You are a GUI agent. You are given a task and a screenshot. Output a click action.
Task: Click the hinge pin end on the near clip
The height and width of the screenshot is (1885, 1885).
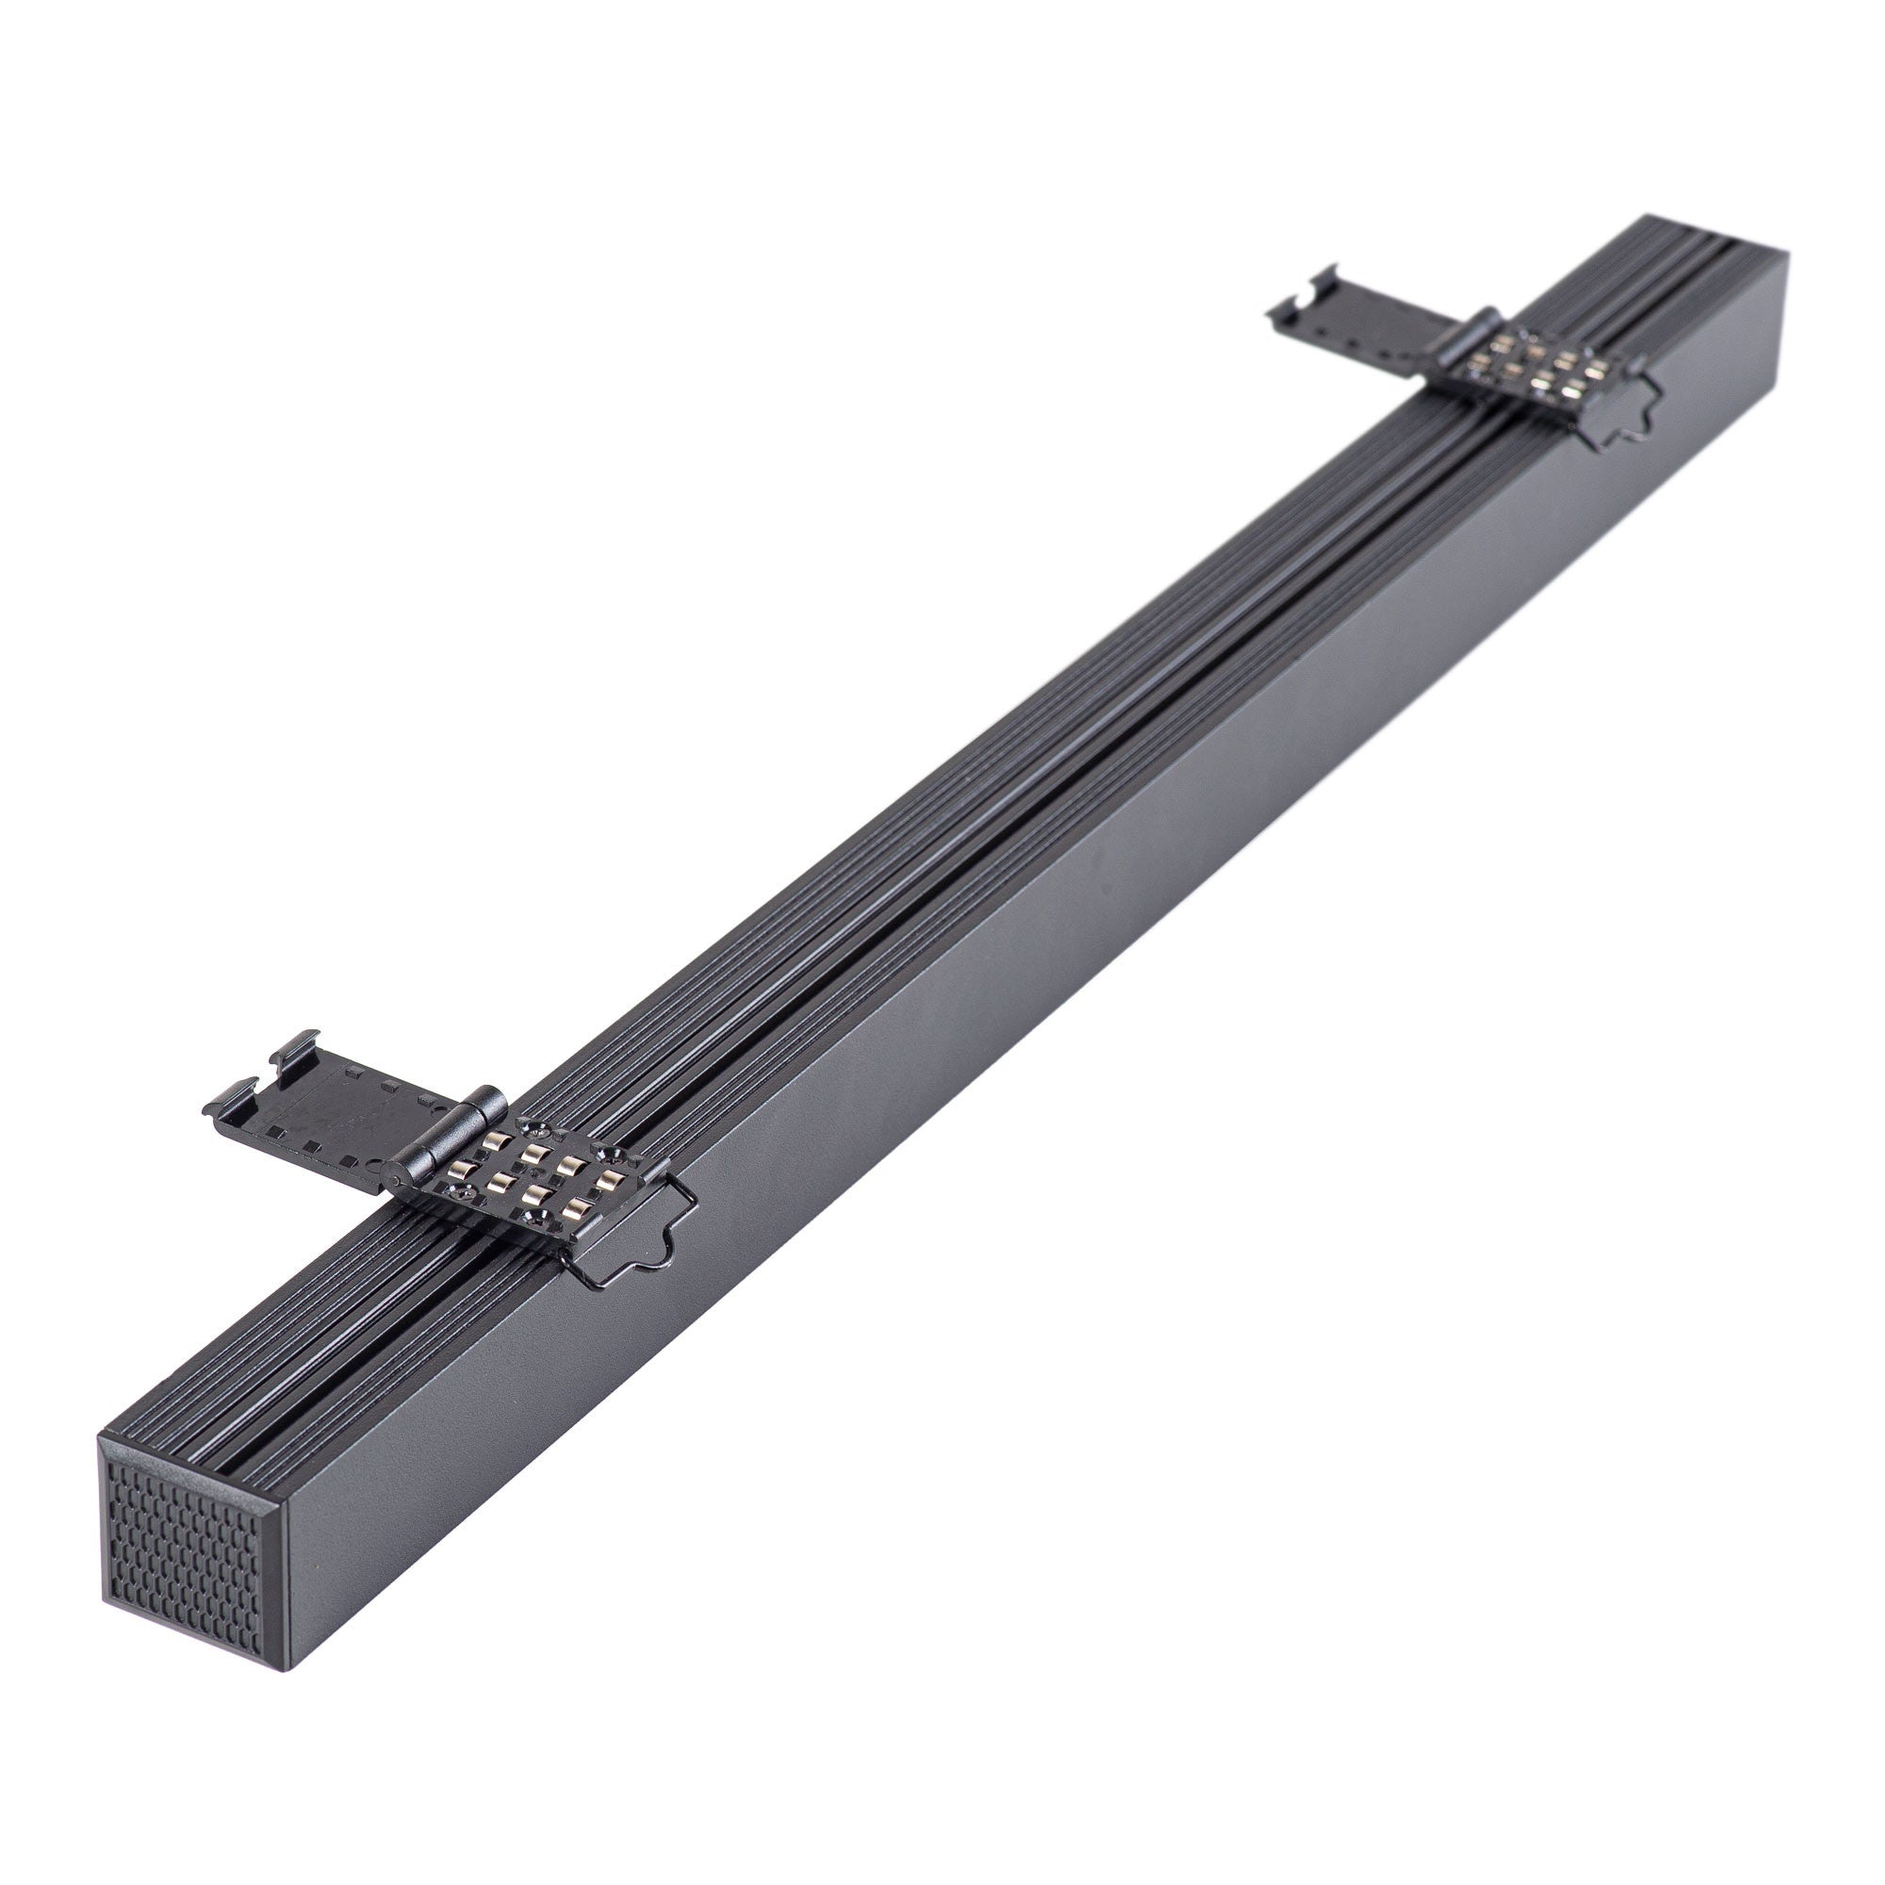(x=395, y=1181)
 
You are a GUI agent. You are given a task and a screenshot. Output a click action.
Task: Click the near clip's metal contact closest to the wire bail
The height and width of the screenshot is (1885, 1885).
(x=610, y=1180)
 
